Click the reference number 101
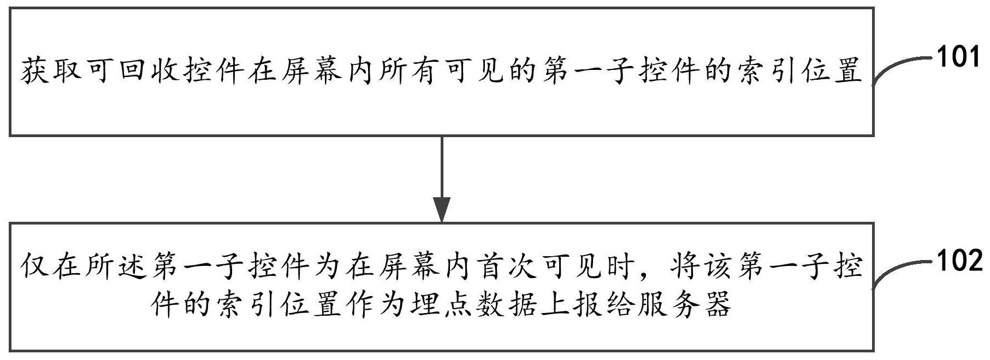click(x=959, y=57)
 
